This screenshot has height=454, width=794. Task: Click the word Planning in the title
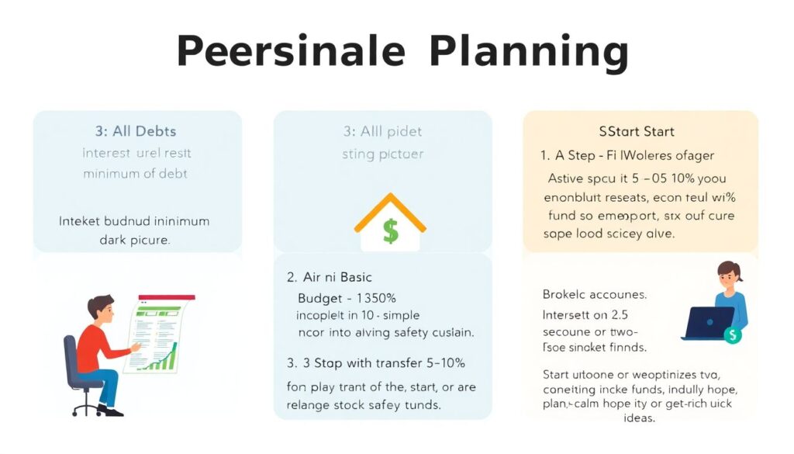[x=528, y=52]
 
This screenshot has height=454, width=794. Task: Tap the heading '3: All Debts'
[x=136, y=131]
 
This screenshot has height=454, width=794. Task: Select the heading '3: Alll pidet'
[x=382, y=131]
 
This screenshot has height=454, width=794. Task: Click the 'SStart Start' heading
[x=637, y=131]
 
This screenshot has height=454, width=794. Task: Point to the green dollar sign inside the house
[x=390, y=230]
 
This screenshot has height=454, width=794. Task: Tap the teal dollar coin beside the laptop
[x=732, y=334]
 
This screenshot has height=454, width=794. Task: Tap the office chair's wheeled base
[x=86, y=406]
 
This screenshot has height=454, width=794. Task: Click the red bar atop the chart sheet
[x=166, y=297]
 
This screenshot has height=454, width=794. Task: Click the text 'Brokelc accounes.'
[x=595, y=295]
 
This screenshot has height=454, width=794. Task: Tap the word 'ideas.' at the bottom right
[x=639, y=418]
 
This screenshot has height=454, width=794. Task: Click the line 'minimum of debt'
[x=136, y=172]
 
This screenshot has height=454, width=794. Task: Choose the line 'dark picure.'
[x=135, y=240]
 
